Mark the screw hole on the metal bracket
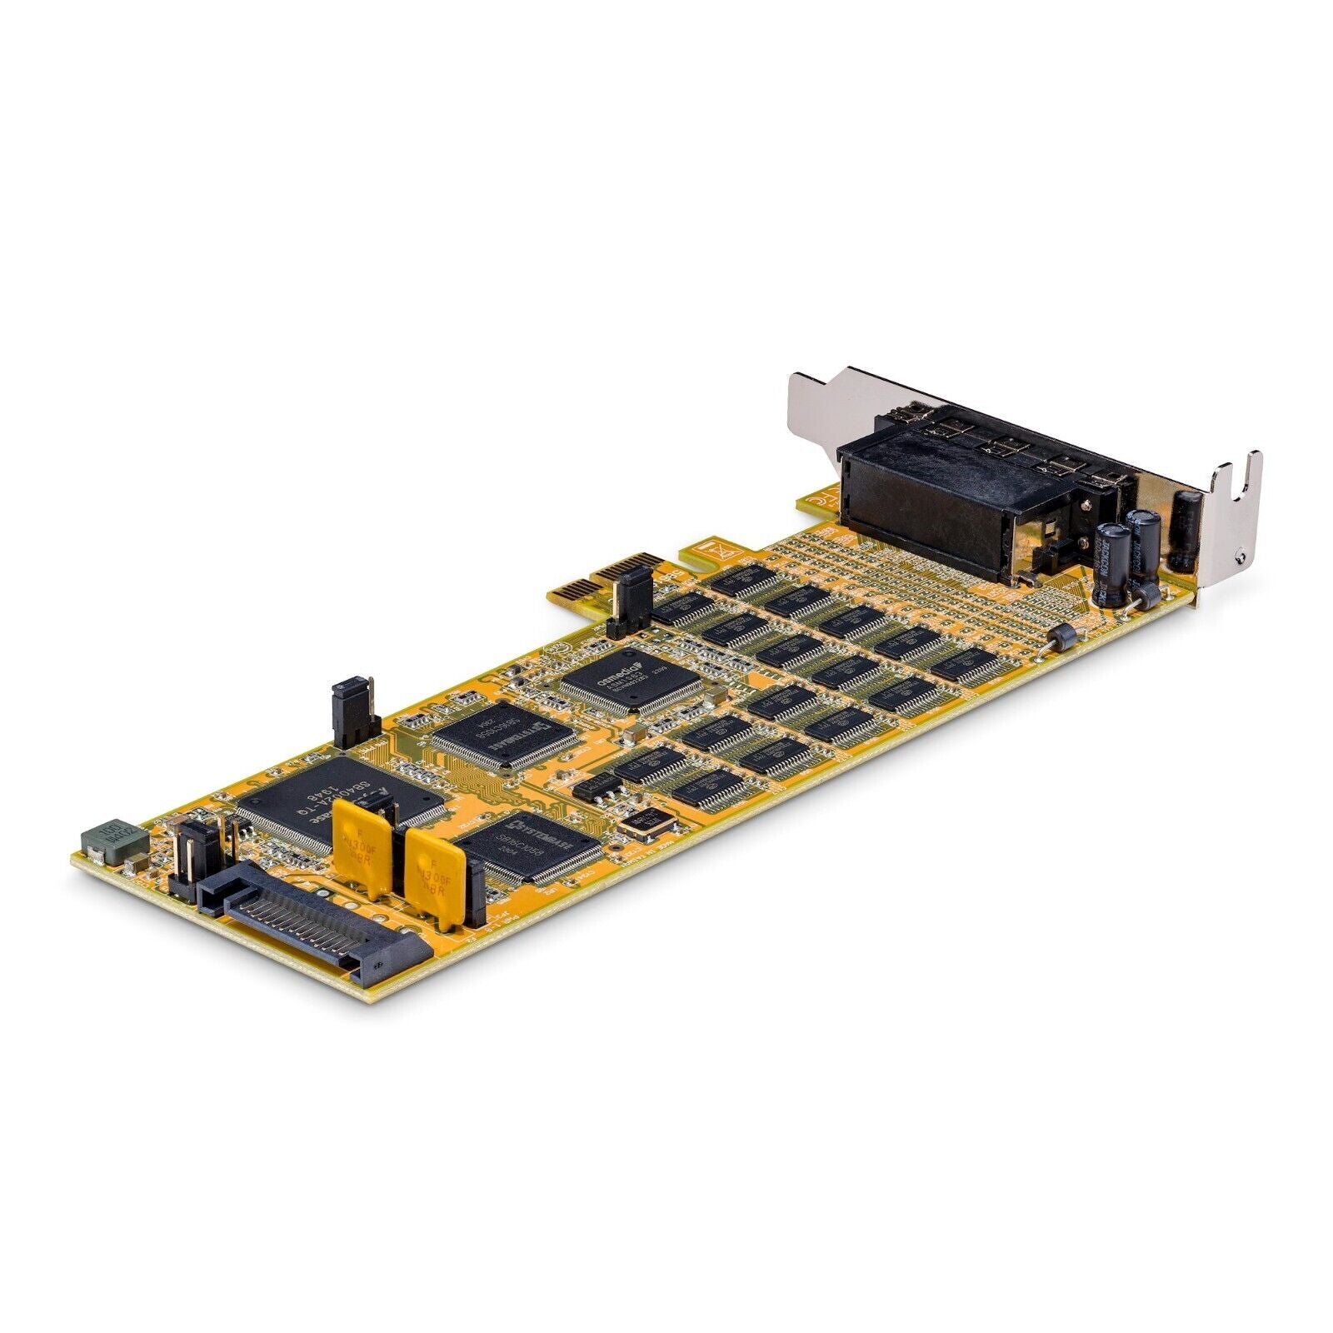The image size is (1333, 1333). point(1242,557)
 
